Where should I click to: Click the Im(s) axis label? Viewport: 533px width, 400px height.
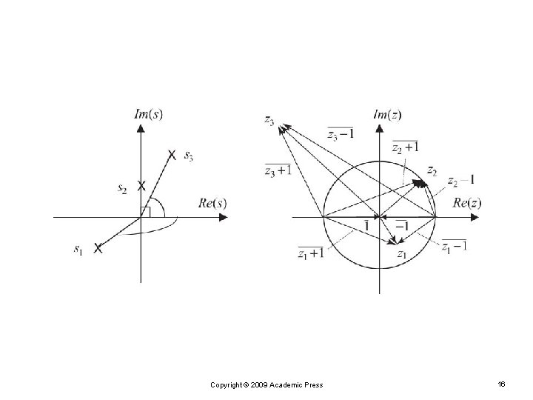[x=149, y=113]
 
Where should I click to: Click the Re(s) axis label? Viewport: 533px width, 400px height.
[x=212, y=202]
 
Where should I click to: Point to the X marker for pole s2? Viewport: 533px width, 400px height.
[x=141, y=185]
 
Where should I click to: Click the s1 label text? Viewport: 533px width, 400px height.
[x=78, y=250]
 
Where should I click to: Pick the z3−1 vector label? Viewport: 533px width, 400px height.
[x=341, y=133]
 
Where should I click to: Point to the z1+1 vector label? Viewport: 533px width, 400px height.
[x=310, y=254]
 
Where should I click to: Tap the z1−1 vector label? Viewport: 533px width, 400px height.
[x=454, y=246]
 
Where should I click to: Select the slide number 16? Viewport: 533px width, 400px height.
[x=501, y=384]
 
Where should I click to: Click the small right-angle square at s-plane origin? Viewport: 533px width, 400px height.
[x=145, y=213]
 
